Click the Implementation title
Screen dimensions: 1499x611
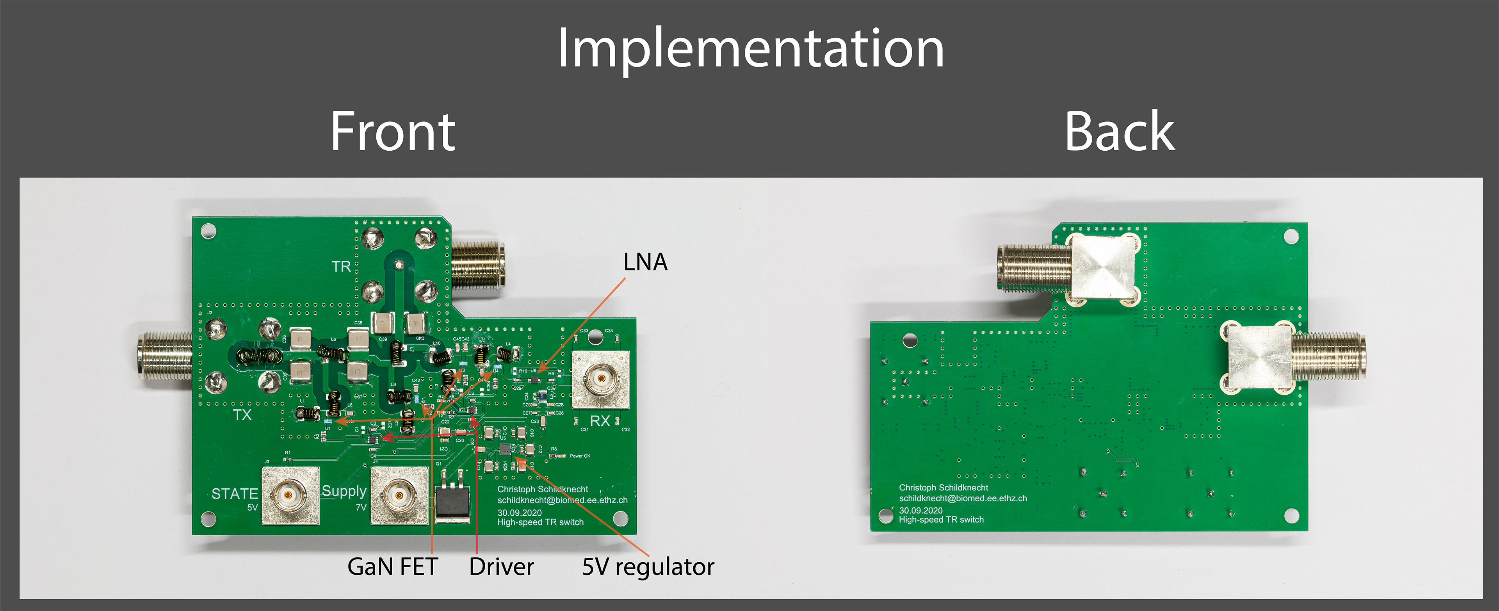click(x=750, y=49)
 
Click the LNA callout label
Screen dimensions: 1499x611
click(x=645, y=262)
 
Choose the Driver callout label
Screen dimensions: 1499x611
click(x=501, y=566)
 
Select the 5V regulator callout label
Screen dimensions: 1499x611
click(x=648, y=566)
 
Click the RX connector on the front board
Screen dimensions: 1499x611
click(x=600, y=380)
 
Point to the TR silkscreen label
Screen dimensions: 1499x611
click(x=342, y=267)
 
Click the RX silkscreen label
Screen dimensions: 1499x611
click(x=600, y=421)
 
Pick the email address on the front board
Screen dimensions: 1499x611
click(x=562, y=500)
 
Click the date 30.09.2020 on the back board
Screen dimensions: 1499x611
click(x=920, y=510)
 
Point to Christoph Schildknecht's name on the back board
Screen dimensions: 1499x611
click(x=943, y=488)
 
